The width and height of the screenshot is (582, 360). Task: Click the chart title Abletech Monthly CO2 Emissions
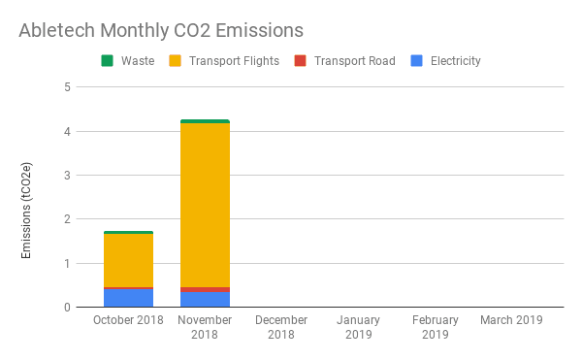click(x=161, y=30)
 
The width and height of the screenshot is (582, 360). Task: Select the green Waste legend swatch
click(x=107, y=60)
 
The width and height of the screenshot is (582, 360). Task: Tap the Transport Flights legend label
click(x=234, y=61)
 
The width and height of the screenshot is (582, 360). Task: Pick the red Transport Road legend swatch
click(x=300, y=60)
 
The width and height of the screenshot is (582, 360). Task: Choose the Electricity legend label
click(x=456, y=61)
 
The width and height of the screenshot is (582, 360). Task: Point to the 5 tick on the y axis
click(x=67, y=87)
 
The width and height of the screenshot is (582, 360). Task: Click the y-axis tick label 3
click(x=67, y=176)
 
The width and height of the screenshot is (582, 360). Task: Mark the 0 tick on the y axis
click(x=67, y=308)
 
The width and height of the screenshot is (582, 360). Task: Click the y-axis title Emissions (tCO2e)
click(x=26, y=211)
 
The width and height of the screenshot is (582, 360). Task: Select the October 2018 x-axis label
click(x=128, y=320)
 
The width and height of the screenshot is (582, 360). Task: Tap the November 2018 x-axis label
click(x=205, y=327)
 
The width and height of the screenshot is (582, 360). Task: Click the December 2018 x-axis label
click(x=281, y=327)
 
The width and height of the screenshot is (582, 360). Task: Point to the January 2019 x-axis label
click(x=358, y=327)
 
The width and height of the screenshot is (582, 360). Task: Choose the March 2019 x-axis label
click(x=511, y=320)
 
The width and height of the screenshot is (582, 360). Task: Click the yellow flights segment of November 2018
click(x=205, y=205)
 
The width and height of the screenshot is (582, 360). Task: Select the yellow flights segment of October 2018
click(x=128, y=260)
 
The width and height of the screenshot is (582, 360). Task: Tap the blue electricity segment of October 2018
click(x=128, y=298)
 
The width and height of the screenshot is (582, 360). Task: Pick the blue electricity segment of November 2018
click(x=205, y=300)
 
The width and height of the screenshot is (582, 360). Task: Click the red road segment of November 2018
click(x=205, y=289)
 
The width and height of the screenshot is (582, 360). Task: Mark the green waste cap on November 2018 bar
click(x=205, y=121)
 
